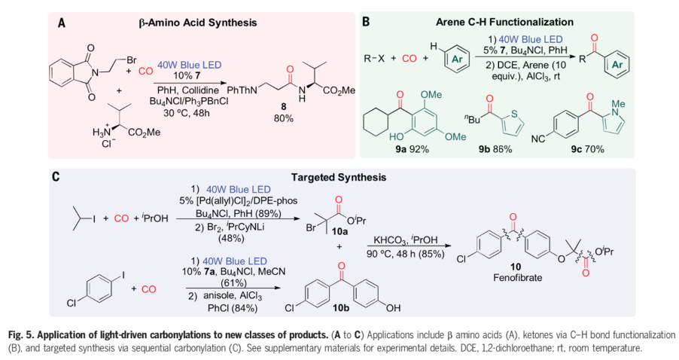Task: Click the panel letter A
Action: click(x=62, y=23)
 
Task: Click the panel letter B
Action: click(x=366, y=22)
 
